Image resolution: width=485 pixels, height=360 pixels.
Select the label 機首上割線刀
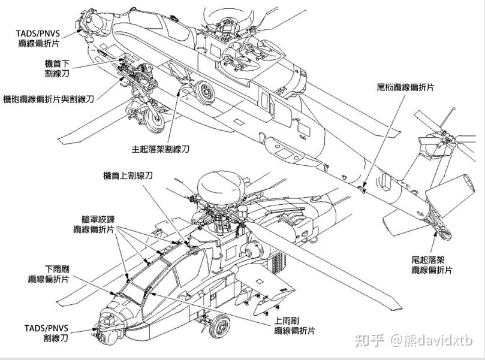click(128, 175)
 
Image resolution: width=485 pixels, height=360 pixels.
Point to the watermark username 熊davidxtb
click(432, 340)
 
